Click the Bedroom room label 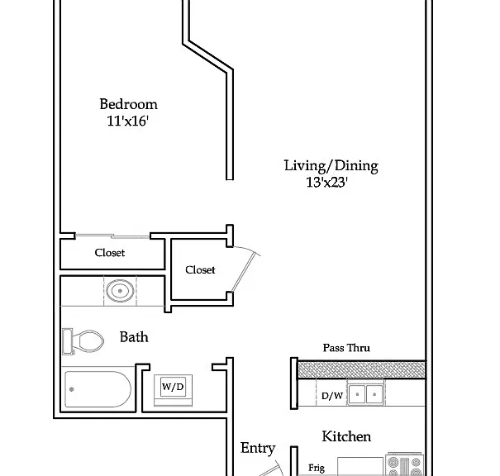pyautogui.click(x=128, y=104)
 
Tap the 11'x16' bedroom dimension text pyautogui.click(x=128, y=121)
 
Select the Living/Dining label pyautogui.click(x=331, y=166)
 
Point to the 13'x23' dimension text pyautogui.click(x=326, y=183)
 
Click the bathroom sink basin pyautogui.click(x=120, y=291)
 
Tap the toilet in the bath pyautogui.click(x=83, y=341)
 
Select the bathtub pyautogui.click(x=98, y=389)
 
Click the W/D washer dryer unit pyautogui.click(x=174, y=390)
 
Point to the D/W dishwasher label pyautogui.click(x=332, y=396)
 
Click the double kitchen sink pyautogui.click(x=366, y=394)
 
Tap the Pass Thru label pyautogui.click(x=346, y=348)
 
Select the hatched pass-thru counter pyautogui.click(x=362, y=369)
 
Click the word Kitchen pyautogui.click(x=346, y=436)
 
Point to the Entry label pyautogui.click(x=258, y=449)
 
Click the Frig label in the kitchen pyautogui.click(x=317, y=469)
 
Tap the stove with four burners pyautogui.click(x=404, y=464)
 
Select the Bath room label pyautogui.click(x=134, y=337)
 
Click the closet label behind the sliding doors pyautogui.click(x=110, y=253)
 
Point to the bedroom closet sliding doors pyautogui.click(x=112, y=236)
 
